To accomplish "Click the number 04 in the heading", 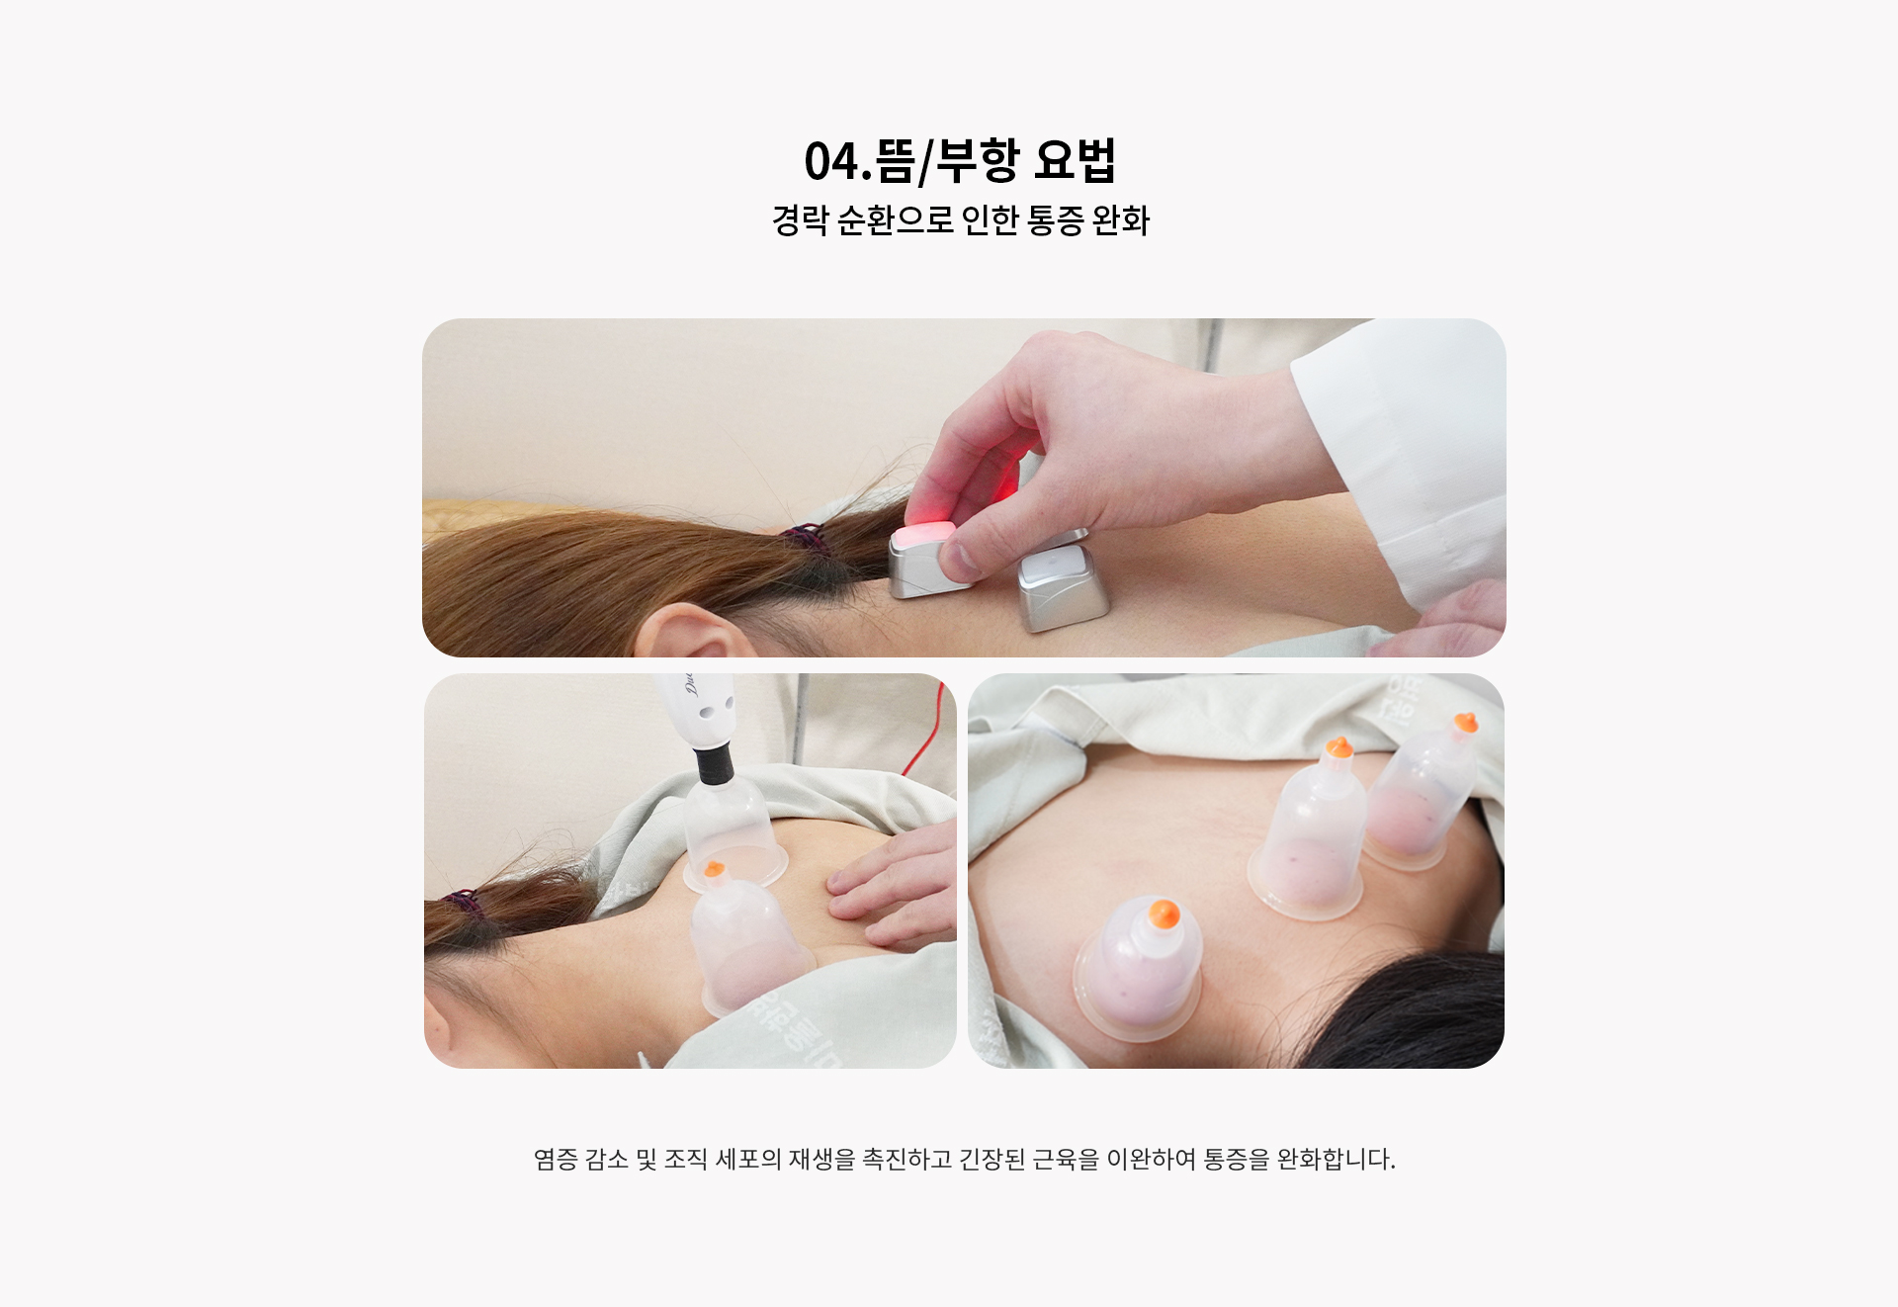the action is coord(831,161).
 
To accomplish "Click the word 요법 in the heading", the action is coord(1076,160).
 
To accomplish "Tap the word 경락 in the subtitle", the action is coord(800,220).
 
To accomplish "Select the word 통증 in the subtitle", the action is coord(1056,220).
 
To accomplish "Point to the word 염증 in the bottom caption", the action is coord(556,1159).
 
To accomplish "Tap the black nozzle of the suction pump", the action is coord(713,763).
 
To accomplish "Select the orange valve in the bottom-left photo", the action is coord(713,870).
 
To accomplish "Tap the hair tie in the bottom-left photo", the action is coord(461,903).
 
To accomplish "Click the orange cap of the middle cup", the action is coord(1338,746).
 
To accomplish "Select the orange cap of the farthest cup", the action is coord(1467,723).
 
